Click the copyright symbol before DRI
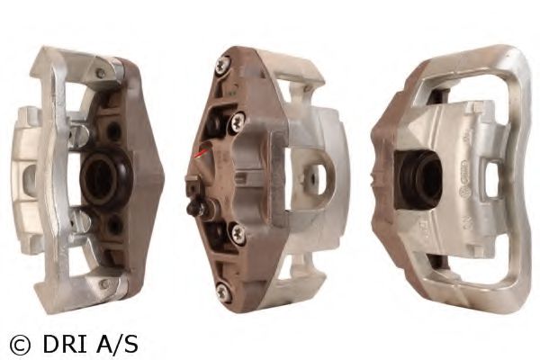[x=20, y=345]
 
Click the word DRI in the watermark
[x=65, y=344]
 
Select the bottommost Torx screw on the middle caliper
[x=223, y=291]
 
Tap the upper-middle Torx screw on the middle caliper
[x=238, y=121]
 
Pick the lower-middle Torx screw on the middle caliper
[x=238, y=233]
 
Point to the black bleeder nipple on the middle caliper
[x=195, y=208]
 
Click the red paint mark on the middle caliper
[x=201, y=154]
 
